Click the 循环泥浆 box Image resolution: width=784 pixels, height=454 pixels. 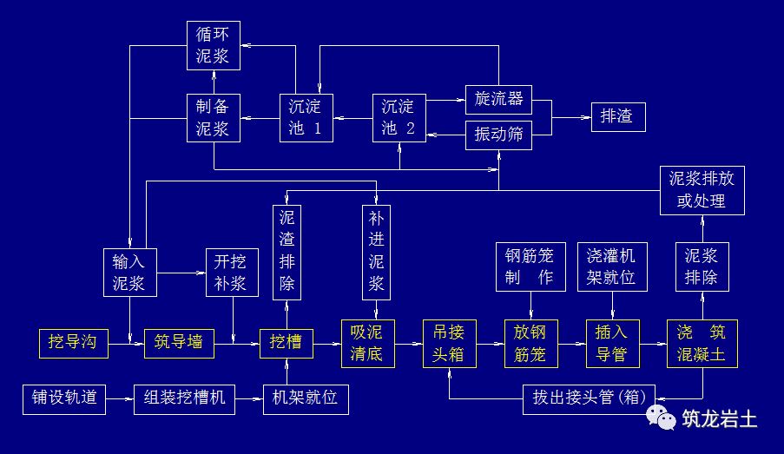[x=214, y=46]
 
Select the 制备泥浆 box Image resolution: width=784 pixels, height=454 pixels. [x=214, y=118]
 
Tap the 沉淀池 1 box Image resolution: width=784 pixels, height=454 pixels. [x=305, y=118]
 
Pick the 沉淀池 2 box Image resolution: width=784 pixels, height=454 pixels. [x=399, y=118]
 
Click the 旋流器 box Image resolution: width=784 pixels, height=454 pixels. [x=498, y=99]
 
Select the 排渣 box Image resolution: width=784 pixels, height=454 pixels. [x=617, y=116]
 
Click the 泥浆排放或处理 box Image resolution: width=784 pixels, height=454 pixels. [x=702, y=190]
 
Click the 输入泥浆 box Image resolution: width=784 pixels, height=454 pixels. [x=128, y=272]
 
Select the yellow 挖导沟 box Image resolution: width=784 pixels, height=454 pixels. [x=73, y=343]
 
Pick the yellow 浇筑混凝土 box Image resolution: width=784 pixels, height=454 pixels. [x=702, y=343]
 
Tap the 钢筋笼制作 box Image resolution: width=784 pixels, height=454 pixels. [x=530, y=266]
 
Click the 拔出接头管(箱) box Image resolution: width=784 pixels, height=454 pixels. [x=589, y=398]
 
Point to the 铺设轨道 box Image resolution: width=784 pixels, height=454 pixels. [x=64, y=398]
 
